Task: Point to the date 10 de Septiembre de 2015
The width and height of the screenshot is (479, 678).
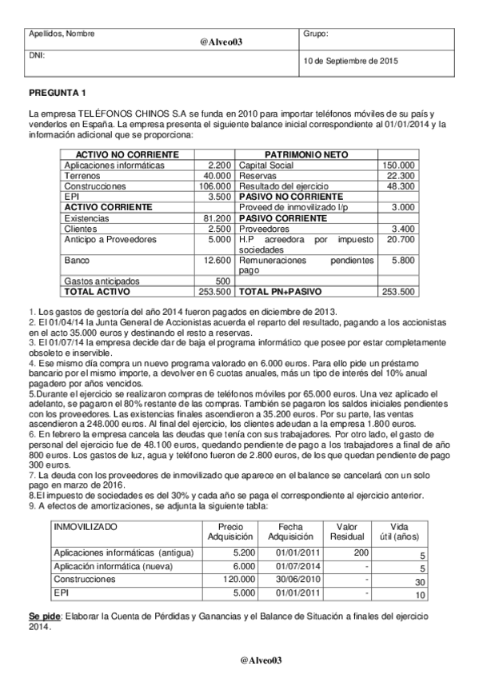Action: (x=349, y=61)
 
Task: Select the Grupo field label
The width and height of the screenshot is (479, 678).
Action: (x=317, y=34)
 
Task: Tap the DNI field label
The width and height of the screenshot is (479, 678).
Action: (x=36, y=56)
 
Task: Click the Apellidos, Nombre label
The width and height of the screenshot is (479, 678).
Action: (x=62, y=34)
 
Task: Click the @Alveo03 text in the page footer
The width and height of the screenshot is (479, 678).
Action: (x=262, y=660)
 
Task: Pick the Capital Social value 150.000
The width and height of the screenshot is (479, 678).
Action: (x=399, y=166)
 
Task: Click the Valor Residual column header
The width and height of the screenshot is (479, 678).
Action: (x=347, y=532)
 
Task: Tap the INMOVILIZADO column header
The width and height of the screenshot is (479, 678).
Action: (x=85, y=527)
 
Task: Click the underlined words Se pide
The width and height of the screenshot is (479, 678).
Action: (x=44, y=617)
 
